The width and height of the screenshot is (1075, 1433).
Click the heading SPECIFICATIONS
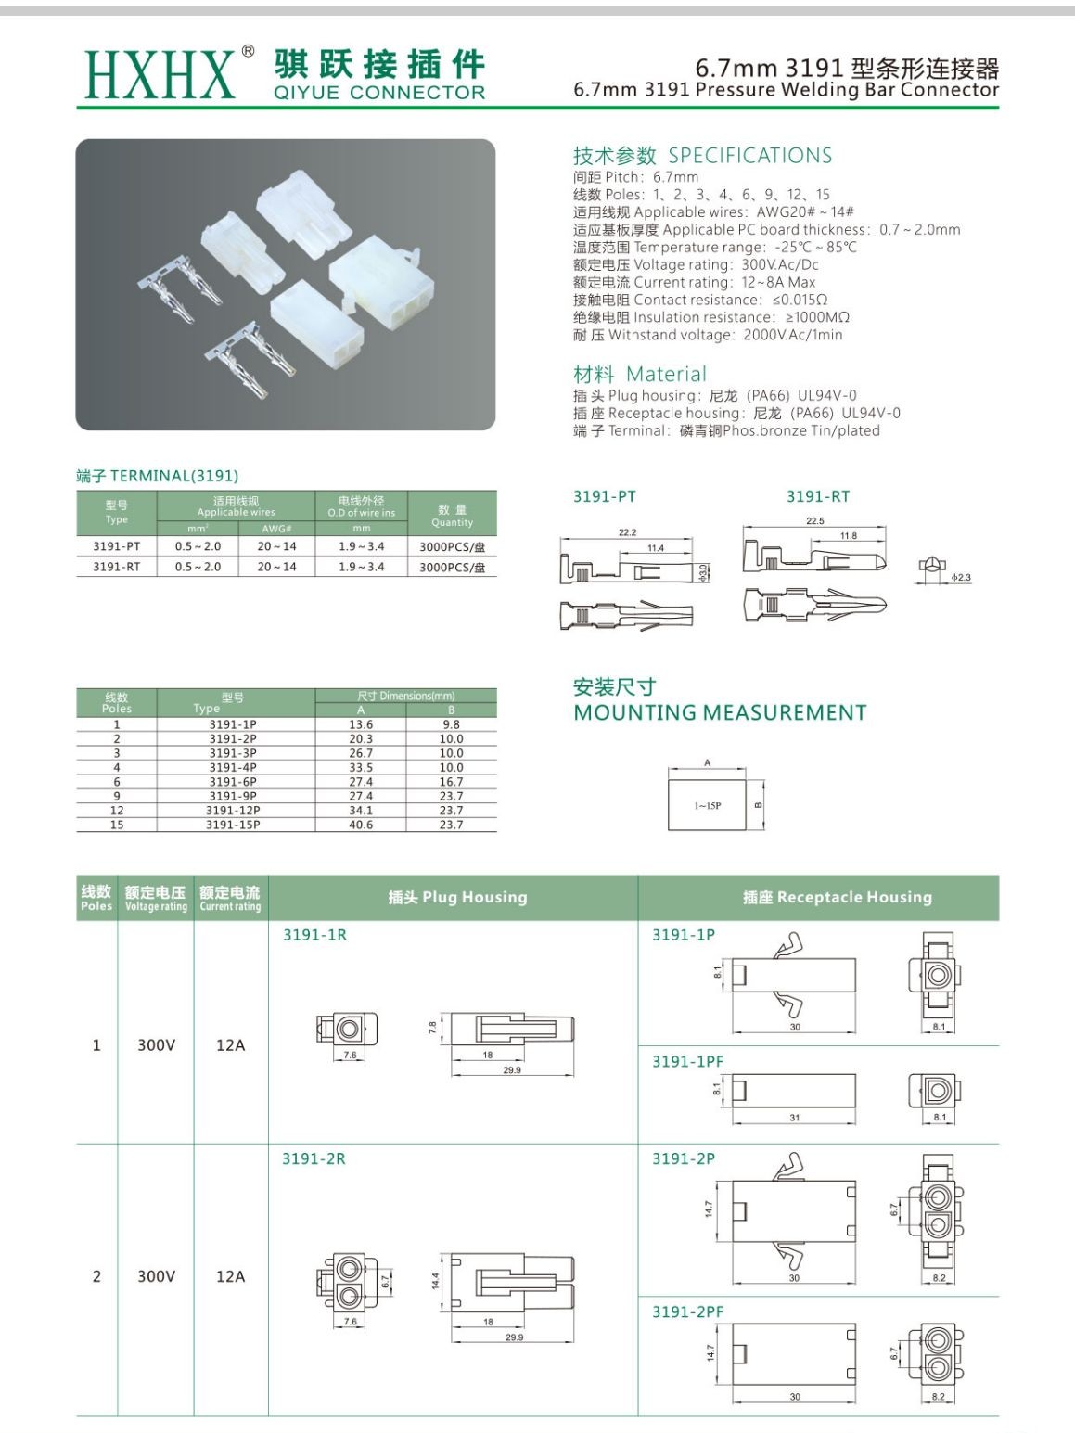[749, 156]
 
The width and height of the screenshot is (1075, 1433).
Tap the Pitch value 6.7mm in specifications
[676, 177]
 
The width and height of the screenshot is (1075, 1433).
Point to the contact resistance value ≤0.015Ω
[800, 300]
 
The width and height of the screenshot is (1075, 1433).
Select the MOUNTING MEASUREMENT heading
[720, 713]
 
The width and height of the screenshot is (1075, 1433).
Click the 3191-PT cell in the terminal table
[116, 546]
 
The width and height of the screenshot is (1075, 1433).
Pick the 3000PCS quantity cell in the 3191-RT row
[452, 567]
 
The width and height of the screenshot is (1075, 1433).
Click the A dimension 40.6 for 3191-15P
[361, 825]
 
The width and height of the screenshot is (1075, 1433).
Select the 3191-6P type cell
[233, 782]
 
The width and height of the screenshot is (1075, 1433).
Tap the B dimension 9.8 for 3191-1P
[451, 724]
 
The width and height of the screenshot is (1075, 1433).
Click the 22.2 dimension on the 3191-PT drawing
[627, 532]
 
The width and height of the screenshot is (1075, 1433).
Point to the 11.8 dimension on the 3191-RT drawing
[848, 535]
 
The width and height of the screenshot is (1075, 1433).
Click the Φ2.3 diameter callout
[961, 578]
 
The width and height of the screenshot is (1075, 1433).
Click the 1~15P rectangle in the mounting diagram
[707, 805]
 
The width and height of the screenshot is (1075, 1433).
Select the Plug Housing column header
[457, 898]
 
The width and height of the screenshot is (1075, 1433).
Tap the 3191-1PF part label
[687, 1061]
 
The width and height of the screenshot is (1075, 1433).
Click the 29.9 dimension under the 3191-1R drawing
[512, 1069]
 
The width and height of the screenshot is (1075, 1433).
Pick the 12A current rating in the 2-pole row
[230, 1276]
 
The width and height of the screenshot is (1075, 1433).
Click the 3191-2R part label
[314, 1158]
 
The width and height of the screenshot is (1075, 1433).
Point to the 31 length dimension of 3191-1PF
[794, 1118]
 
